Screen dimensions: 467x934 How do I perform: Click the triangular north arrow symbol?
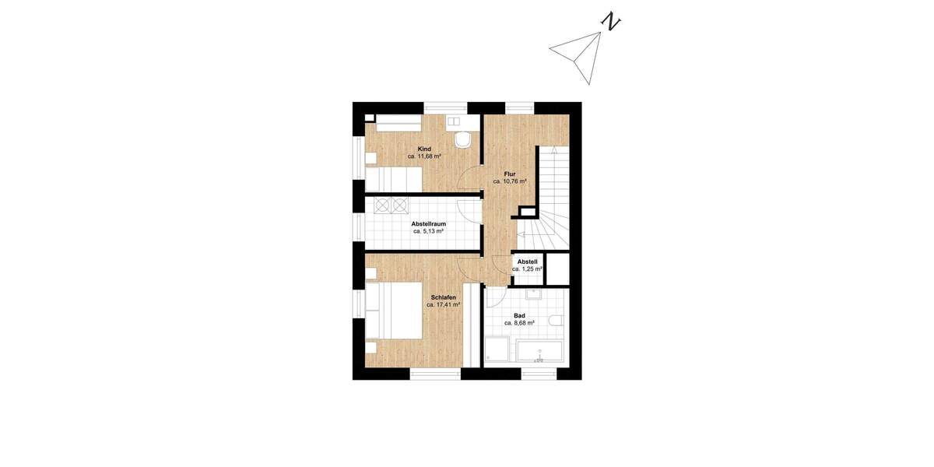point(580,54)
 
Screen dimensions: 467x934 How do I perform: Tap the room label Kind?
point(424,149)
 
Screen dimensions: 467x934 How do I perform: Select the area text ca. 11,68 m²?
point(424,156)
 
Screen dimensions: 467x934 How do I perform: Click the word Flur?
point(510,174)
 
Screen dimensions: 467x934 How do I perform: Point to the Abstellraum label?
point(428,223)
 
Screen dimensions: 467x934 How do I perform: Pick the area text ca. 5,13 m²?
point(428,231)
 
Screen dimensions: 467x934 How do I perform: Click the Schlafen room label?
point(443,297)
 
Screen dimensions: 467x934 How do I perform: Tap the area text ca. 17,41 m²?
point(443,305)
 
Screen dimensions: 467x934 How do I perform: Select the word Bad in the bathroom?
point(518,315)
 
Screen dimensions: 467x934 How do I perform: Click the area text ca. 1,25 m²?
point(527,269)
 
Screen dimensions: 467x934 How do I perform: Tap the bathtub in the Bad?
point(539,351)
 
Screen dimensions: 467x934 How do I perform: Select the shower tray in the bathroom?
point(497,351)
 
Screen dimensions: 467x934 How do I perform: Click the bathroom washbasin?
point(535,295)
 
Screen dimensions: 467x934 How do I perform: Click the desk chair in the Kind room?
point(463,140)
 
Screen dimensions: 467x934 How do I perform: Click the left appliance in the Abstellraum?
point(382,205)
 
